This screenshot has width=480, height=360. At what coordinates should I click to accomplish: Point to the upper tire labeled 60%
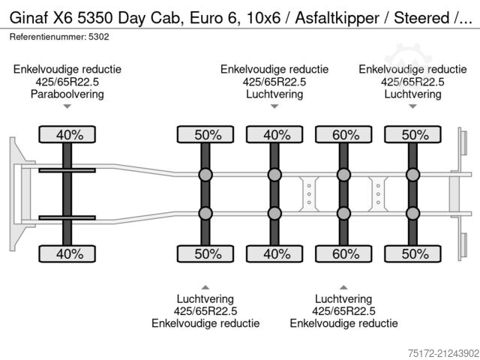click(343, 135)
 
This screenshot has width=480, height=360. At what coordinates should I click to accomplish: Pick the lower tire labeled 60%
click(343, 253)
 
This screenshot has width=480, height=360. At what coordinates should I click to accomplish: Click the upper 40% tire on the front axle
click(67, 135)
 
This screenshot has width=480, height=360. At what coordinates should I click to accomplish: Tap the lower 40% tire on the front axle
click(67, 253)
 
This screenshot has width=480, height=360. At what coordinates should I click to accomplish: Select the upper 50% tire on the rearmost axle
click(412, 135)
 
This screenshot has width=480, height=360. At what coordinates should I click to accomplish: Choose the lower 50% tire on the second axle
click(205, 253)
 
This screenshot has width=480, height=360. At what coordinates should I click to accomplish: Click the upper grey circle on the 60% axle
click(343, 175)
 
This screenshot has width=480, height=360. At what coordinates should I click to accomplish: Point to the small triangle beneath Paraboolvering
click(67, 107)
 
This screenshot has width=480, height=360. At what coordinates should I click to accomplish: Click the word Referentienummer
click(41, 35)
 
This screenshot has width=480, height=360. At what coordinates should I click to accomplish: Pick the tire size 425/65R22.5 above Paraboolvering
click(67, 82)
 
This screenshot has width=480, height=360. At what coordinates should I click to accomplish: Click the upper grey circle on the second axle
click(205, 175)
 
